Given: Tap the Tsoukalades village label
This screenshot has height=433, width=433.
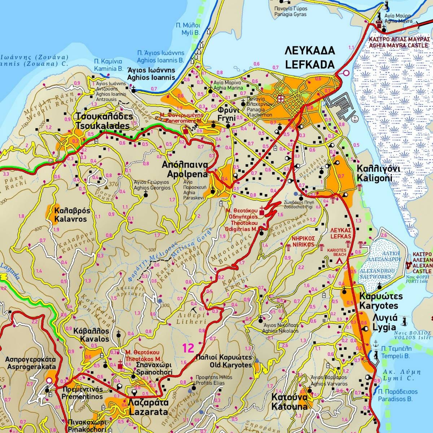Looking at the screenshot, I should [x=102, y=121].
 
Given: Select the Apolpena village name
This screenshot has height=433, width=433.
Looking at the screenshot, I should [x=185, y=170].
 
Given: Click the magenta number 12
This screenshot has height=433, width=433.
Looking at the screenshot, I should [x=188, y=348].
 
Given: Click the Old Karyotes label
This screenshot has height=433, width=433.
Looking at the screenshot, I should [x=223, y=361].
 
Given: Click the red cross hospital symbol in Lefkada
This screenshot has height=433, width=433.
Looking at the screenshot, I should [x=281, y=99].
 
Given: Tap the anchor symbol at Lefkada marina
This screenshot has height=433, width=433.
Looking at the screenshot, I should [x=354, y=119].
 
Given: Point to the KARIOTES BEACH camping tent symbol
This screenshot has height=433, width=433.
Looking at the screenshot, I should [x=339, y=260].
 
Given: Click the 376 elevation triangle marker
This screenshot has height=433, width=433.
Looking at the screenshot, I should [x=106, y=187].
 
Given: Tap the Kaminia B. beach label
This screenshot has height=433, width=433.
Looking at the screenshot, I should [x=108, y=65].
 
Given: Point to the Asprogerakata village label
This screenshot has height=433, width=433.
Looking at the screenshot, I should [x=30, y=363].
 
